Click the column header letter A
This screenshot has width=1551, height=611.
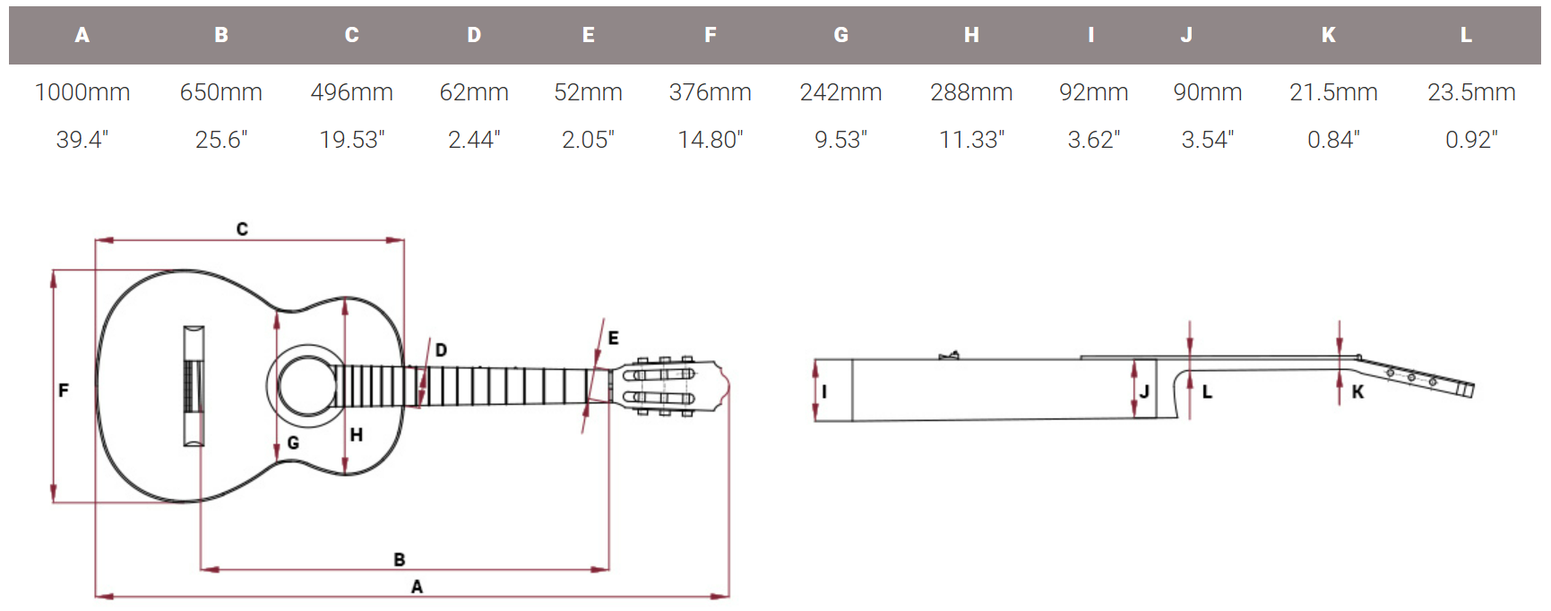(x=82, y=35)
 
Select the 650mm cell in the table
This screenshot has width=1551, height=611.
(x=220, y=92)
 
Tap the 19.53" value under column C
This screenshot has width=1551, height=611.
(x=352, y=140)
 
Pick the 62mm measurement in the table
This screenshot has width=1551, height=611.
(x=474, y=92)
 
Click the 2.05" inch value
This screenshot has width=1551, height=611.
(x=588, y=140)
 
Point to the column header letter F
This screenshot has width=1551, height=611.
(x=710, y=35)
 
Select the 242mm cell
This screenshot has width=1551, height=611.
(x=840, y=92)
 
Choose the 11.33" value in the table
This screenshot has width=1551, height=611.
(x=971, y=140)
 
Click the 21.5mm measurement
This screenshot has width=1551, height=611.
(x=1333, y=92)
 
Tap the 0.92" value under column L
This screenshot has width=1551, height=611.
(x=1471, y=140)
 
